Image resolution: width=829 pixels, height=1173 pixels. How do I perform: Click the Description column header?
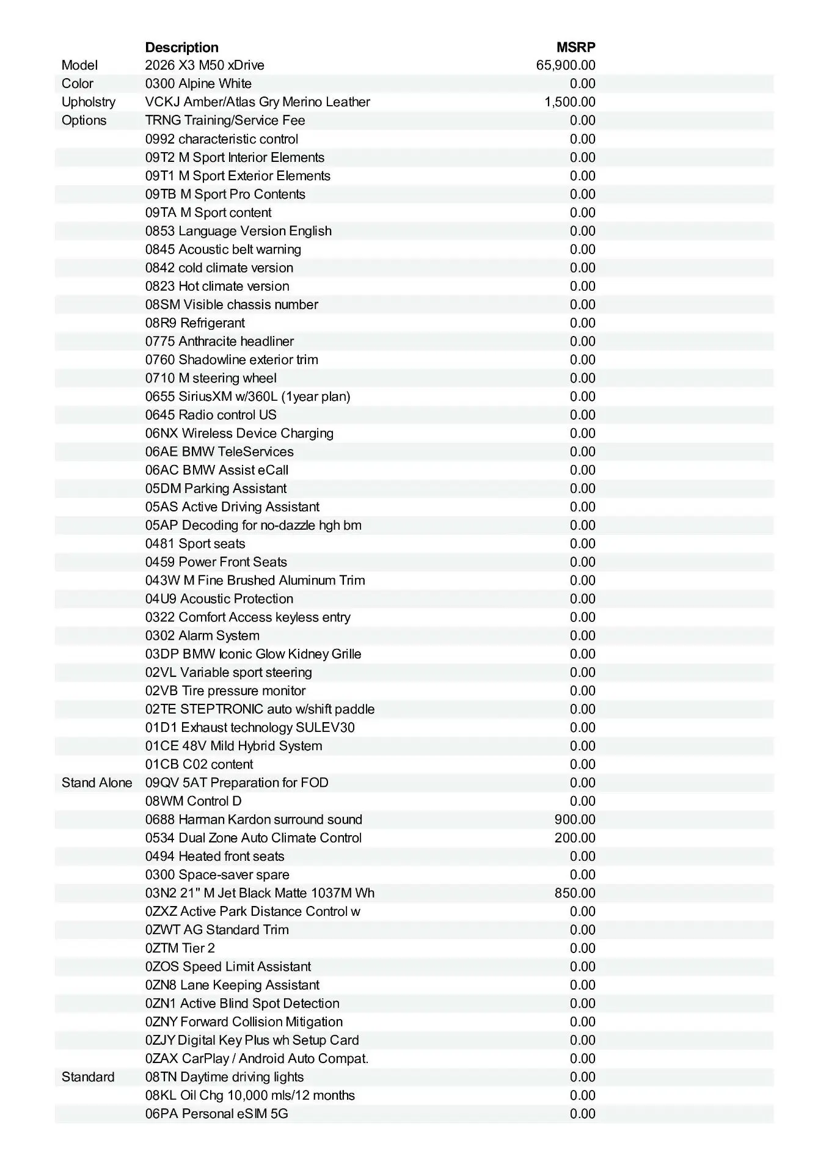pos(181,48)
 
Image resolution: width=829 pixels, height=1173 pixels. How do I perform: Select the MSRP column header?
pos(575,48)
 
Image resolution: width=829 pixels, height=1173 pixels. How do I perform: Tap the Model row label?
pos(79,65)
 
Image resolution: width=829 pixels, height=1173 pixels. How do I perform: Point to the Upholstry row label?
pos(88,102)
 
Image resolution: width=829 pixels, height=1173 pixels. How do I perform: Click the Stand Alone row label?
pos(97,783)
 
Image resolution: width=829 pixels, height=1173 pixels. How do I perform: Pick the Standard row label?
pos(87,1076)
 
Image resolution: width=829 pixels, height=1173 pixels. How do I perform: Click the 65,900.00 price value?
pos(566,65)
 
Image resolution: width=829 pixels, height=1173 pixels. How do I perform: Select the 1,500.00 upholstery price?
pos(569,102)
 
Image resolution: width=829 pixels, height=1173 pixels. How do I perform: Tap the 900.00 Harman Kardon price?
pos(575,819)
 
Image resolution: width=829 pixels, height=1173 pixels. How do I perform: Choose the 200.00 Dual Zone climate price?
pos(575,838)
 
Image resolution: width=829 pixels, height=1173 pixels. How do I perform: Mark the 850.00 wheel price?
pos(575,893)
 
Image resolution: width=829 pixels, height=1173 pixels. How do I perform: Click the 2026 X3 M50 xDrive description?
pos(205,65)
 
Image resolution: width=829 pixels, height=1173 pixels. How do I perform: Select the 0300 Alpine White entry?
pos(198,84)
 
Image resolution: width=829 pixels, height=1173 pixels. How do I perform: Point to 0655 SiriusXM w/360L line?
pos(247,396)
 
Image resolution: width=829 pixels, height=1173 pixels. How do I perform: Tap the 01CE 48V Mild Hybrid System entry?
pos(233,746)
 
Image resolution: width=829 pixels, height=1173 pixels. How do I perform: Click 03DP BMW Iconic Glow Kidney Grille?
pos(253,654)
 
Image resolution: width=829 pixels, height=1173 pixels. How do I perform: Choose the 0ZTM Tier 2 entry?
pos(180,948)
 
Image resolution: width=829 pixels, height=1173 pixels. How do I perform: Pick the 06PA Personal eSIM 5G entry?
pos(216,1113)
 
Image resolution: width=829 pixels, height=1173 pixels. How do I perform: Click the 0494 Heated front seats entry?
pos(214,856)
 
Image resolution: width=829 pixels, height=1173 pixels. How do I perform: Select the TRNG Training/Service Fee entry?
pos(225,120)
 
